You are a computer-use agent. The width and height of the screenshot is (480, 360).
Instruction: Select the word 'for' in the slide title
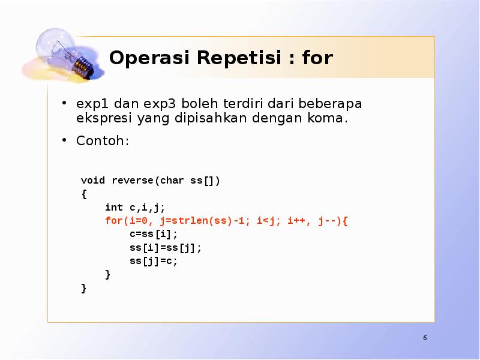pos(317,58)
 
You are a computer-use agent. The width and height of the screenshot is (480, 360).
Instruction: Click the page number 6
pos(425,338)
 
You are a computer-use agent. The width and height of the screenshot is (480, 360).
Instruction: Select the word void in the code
pos(93,181)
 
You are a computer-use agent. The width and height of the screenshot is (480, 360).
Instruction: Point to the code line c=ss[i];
pos(154,234)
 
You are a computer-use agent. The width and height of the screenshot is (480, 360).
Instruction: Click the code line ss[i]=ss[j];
pos(166,247)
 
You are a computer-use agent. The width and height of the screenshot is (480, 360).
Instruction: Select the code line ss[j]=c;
pos(154,261)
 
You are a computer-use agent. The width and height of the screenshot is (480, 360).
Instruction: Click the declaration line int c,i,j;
pos(135,208)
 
